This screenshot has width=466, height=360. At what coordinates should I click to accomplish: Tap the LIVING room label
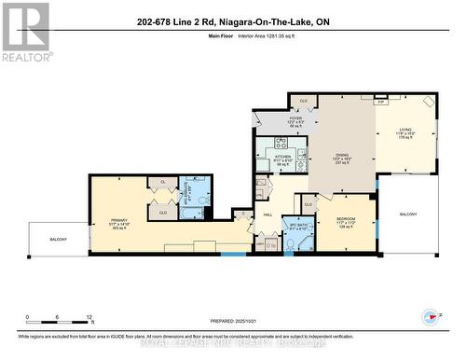click(404, 132)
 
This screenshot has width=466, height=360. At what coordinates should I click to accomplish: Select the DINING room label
click(341, 155)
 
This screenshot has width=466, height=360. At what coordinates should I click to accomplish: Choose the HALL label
click(267, 214)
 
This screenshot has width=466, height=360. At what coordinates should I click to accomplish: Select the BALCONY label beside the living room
click(408, 214)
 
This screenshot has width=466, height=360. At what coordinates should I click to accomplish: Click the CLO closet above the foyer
click(304, 99)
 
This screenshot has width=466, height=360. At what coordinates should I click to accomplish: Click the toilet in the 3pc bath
click(290, 244)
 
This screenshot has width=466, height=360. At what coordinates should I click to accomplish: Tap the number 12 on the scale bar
click(88, 317)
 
